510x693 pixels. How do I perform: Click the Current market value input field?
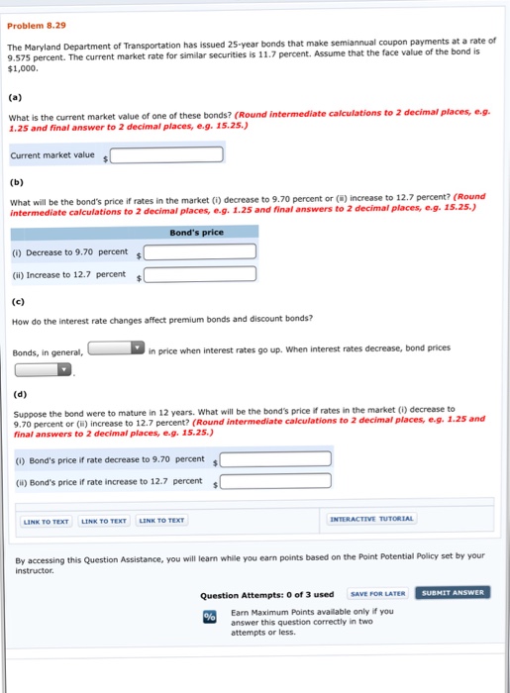coord(167,154)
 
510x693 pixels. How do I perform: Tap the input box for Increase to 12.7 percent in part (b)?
coord(200,274)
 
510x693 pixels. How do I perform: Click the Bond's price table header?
coord(198,232)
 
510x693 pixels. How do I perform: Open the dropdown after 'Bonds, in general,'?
coord(116,348)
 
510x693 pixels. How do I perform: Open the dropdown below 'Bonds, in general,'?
coord(44,369)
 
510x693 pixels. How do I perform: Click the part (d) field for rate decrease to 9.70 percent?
coord(275,458)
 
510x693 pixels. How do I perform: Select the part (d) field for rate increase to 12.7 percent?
coord(275,482)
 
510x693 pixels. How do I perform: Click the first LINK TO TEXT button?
coord(47,521)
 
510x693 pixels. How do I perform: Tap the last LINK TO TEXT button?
coord(160,521)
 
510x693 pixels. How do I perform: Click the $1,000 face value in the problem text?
coord(22,69)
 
